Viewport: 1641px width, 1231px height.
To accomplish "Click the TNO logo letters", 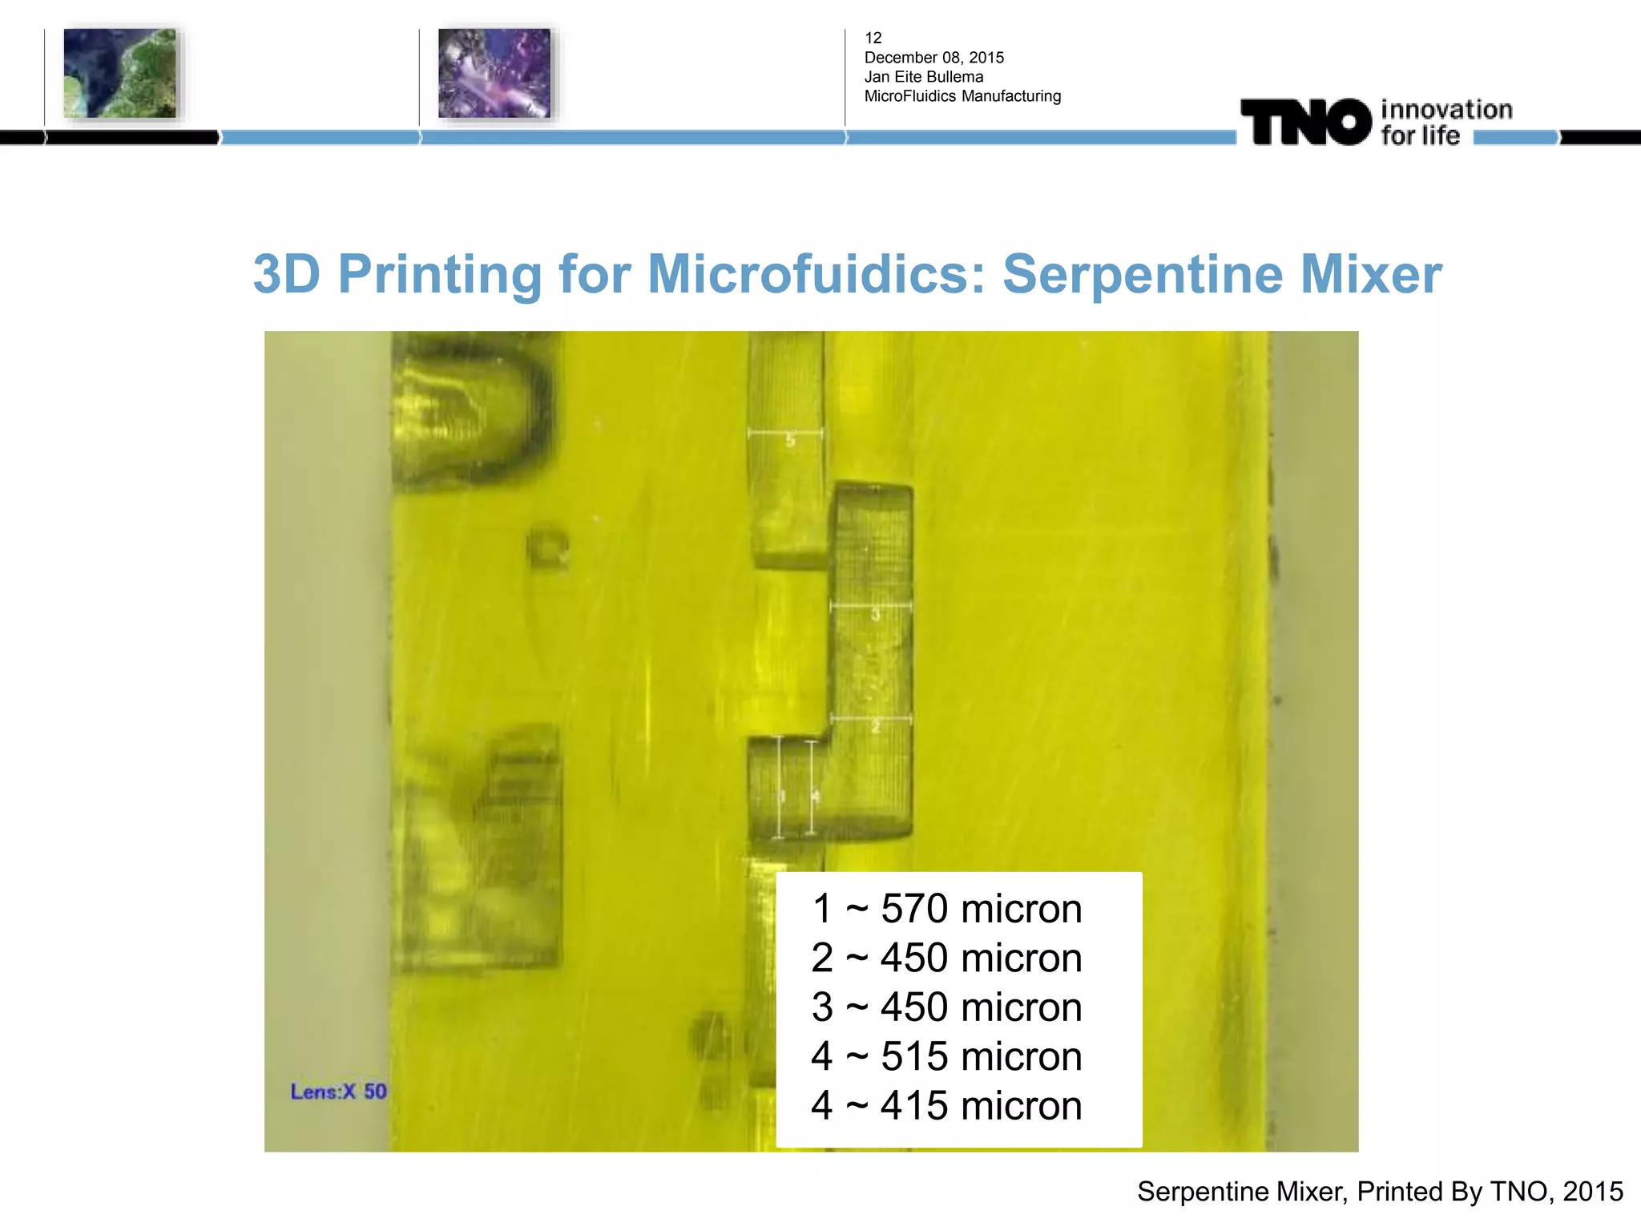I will pos(1306,123).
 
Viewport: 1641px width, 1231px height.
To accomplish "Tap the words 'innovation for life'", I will pos(1446,123).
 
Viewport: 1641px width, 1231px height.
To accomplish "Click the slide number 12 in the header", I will pos(873,38).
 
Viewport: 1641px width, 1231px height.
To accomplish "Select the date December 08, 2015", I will pos(933,58).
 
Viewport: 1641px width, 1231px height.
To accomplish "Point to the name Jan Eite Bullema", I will pos(923,77).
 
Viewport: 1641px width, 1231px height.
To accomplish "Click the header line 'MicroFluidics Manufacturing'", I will pos(962,96).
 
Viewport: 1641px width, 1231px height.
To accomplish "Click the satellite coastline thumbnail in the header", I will pos(119,73).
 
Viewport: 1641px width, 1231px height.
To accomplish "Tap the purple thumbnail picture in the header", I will pos(494,73).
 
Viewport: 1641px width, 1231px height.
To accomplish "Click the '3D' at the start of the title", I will pos(287,275).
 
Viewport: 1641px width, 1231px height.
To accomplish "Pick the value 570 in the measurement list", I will pos(914,909).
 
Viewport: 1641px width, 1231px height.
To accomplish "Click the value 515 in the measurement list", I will pos(914,1056).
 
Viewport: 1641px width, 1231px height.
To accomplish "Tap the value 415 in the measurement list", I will pos(914,1106).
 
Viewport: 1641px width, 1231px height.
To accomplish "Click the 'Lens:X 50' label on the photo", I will pos(338,1092).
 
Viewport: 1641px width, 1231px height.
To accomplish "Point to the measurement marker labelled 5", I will pos(790,439).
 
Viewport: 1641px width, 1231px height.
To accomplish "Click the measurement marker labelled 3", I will pos(875,615).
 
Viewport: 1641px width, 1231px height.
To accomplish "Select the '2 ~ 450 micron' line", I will pos(946,958).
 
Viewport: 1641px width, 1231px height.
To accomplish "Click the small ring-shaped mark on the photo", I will pos(549,547).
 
